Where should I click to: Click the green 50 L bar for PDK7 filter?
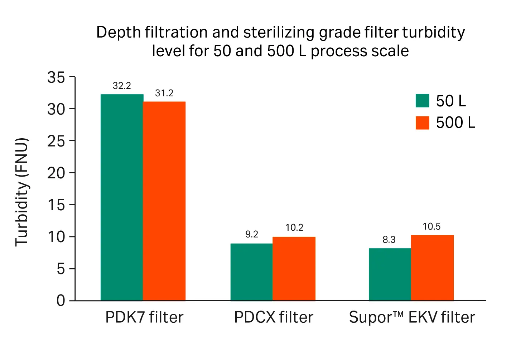[122, 197]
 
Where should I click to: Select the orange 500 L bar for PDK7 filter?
[164, 201]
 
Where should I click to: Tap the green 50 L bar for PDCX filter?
[251, 272]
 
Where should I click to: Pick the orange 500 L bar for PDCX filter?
[294, 269]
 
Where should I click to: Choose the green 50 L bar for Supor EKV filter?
[390, 274]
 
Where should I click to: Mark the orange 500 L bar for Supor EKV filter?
[432, 268]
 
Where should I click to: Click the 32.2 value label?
[122, 86]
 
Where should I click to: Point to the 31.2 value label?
[164, 93]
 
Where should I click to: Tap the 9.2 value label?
[251, 234]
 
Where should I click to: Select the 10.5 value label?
[431, 226]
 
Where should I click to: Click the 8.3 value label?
[389, 240]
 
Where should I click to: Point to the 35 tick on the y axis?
[56, 77]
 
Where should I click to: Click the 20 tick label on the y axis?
[56, 173]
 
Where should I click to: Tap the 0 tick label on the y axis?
[61, 300]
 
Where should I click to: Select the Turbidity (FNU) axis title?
[21, 192]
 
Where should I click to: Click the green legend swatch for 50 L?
[422, 101]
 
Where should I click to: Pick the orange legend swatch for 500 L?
[422, 123]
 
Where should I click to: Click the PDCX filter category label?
[274, 317]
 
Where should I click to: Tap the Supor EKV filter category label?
[412, 317]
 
